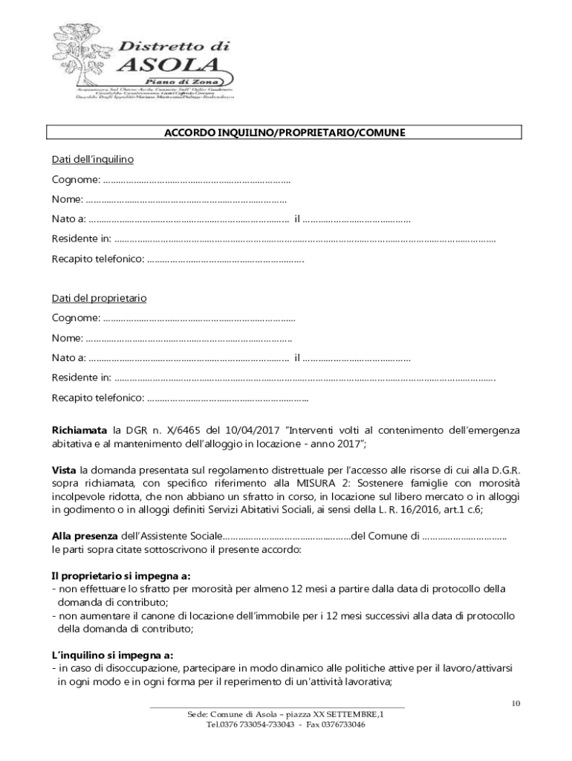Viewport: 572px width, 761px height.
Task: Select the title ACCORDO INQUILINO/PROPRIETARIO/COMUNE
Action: pyautogui.click(x=285, y=133)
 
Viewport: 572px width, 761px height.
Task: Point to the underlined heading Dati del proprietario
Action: pyautogui.click(x=99, y=299)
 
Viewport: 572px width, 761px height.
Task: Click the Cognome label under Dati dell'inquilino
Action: pyautogui.click(x=76, y=180)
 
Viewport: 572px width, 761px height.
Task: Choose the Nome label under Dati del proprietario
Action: pyautogui.click(x=68, y=338)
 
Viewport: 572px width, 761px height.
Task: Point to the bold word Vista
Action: pyautogui.click(x=64, y=470)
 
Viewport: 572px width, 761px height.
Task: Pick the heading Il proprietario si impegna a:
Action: pyautogui.click(x=120, y=576)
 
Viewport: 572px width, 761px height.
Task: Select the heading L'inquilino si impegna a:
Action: pyautogui.click(x=112, y=655)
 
